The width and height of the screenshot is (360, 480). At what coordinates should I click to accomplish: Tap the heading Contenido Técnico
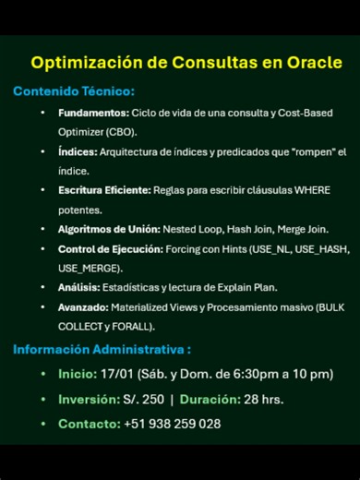tap(73, 91)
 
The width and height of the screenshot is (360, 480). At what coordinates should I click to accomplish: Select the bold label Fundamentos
tap(92, 113)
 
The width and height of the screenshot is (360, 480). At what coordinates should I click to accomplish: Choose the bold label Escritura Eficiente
tap(104, 190)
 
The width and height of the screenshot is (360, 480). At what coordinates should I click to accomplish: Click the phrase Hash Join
tap(249, 229)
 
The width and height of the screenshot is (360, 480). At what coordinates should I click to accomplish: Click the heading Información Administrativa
tap(101, 350)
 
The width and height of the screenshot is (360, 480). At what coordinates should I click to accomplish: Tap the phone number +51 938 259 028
tap(172, 424)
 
